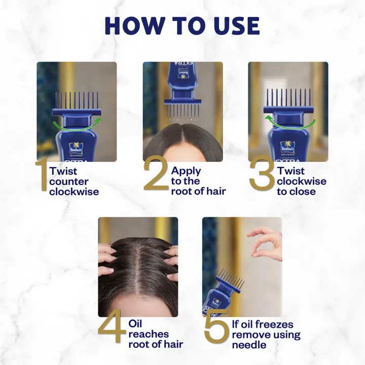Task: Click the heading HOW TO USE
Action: click(x=182, y=26)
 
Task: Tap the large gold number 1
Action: click(x=42, y=176)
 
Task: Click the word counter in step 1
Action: click(x=69, y=181)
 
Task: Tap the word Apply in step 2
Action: click(x=186, y=171)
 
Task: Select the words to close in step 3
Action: click(x=296, y=192)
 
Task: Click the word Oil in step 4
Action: click(x=136, y=324)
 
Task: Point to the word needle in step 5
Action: click(x=249, y=345)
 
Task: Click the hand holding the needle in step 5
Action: click(x=267, y=243)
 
